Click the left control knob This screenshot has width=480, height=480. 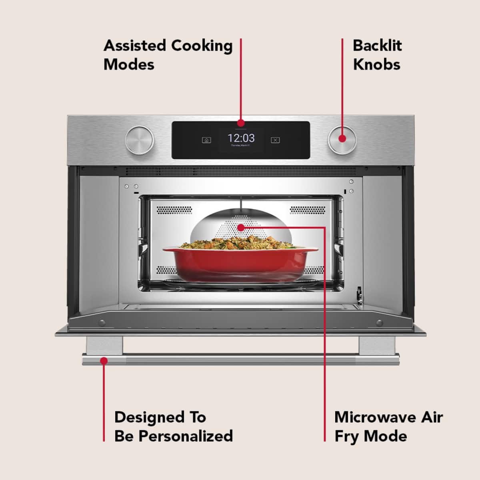[139, 140]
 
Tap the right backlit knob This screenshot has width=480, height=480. [342, 140]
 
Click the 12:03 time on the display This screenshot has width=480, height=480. [241, 138]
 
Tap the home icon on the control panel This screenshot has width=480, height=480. [206, 140]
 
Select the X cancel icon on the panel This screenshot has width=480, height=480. [275, 140]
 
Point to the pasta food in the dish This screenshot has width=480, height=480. [240, 242]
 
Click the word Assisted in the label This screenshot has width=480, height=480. [134, 46]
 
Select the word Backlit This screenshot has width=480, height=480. [377, 46]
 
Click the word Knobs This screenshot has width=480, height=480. [376, 65]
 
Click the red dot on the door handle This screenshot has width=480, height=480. [104, 361]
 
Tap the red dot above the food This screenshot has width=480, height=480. [240, 228]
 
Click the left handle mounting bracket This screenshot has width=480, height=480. [104, 345]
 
